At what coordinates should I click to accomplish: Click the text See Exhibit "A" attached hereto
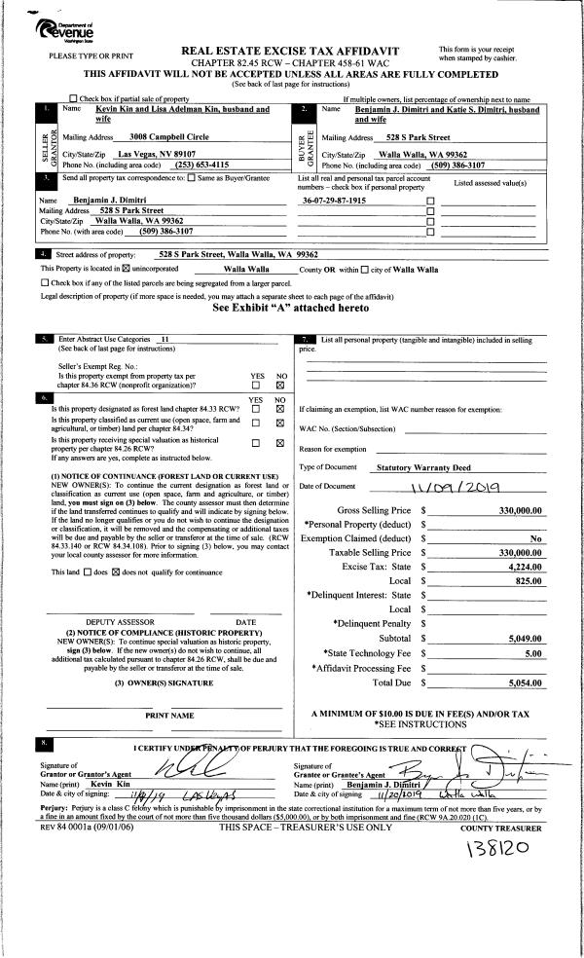(x=291, y=307)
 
